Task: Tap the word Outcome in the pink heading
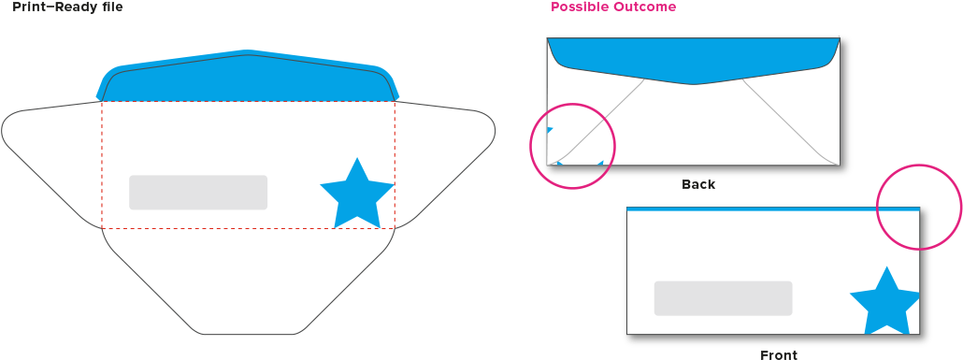644,7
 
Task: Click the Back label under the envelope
698,185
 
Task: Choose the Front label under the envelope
779,354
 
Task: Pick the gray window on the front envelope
723,298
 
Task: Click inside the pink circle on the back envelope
572,146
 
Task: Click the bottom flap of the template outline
248,281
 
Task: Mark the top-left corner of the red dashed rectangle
102,102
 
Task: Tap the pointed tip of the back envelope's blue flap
695,83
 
